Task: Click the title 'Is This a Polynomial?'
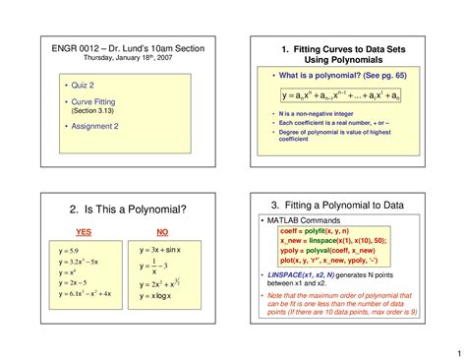tap(128, 210)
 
